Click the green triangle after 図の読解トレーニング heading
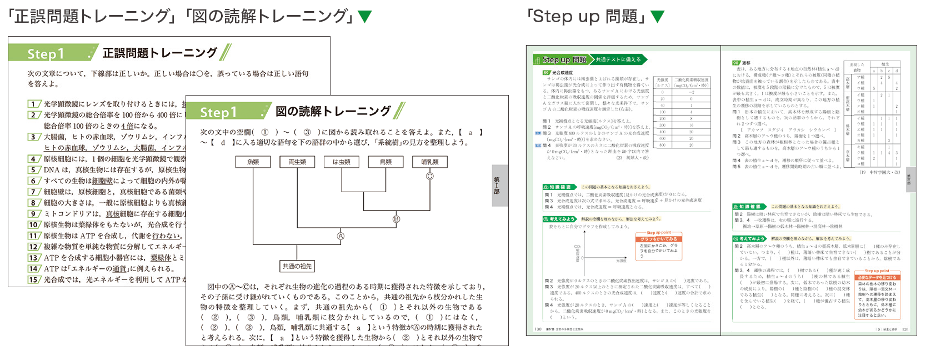365,16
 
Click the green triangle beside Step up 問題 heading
657,16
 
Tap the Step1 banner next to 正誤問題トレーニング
47,53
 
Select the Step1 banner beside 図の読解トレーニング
219,112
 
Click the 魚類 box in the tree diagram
253,162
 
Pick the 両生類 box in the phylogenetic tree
297,162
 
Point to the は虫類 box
342,162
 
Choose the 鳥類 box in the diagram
386,162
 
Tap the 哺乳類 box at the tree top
430,162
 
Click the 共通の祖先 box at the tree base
297,266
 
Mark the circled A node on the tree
341,236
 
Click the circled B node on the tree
396,219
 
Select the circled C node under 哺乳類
429,176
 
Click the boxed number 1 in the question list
34,104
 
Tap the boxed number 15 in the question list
34,279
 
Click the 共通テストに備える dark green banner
618,59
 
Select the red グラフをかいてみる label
658,239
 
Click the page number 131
905,329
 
